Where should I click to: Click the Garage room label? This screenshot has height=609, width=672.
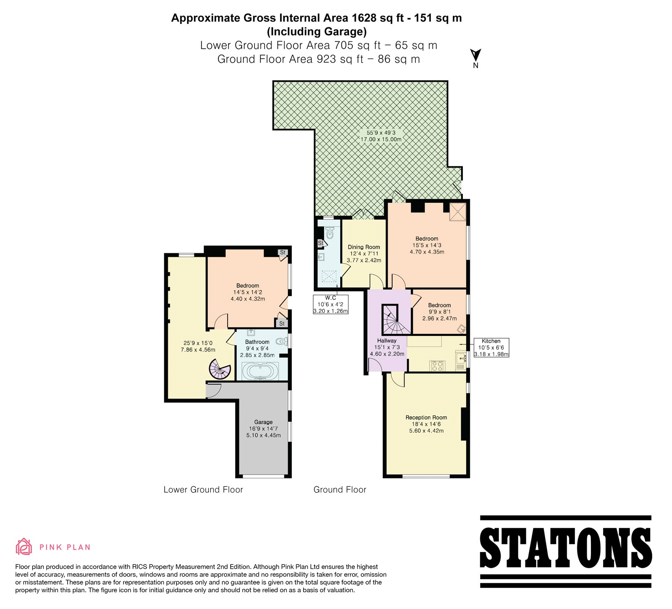[263, 422]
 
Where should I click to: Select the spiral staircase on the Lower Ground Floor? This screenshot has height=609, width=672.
[220, 369]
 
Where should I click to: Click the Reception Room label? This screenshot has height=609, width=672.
[426, 417]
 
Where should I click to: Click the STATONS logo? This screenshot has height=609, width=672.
[565, 551]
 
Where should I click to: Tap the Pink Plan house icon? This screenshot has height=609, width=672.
[24, 546]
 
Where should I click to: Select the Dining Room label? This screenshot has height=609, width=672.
[364, 247]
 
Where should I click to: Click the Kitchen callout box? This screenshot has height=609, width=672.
[491, 347]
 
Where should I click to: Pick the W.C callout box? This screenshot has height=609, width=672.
[331, 304]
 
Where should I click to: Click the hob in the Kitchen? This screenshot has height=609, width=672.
[437, 365]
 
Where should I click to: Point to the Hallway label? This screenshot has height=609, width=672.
[387, 341]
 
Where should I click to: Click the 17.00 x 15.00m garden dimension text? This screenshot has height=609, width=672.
[381, 139]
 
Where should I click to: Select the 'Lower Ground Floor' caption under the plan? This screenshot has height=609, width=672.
[203, 490]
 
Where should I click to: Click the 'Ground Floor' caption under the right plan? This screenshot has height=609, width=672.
[340, 490]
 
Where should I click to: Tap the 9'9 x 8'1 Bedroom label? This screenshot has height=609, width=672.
[439, 312]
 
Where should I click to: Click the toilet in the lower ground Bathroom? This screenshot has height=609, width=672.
[282, 342]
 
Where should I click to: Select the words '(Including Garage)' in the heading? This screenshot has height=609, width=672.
[317, 32]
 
